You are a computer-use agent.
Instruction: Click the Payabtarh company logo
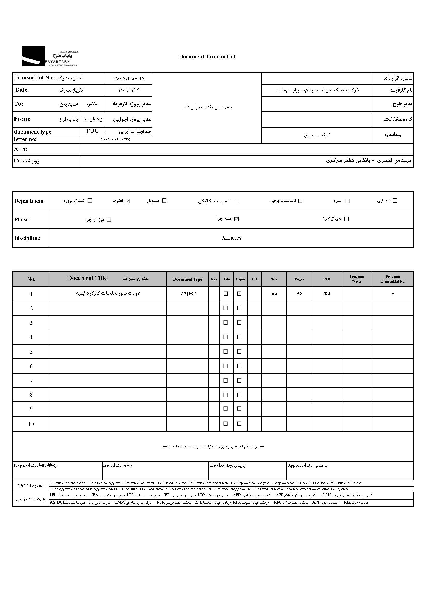pyautogui.click(x=49, y=56)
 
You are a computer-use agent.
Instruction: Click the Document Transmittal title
pyautogui.click(x=207, y=57)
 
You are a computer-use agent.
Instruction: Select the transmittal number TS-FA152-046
pyautogui.click(x=129, y=78)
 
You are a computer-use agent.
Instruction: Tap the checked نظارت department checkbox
pyautogui.click(x=128, y=201)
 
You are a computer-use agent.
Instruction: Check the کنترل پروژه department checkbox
pyautogui.click(x=90, y=200)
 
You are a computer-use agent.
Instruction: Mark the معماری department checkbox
pyautogui.click(x=395, y=200)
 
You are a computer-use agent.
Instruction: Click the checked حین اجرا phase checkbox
pyautogui.click(x=237, y=219)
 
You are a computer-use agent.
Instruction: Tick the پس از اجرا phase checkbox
pyautogui.click(x=346, y=219)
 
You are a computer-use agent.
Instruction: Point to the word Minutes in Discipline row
pyautogui.click(x=231, y=238)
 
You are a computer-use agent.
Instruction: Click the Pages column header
pyautogui.click(x=299, y=279)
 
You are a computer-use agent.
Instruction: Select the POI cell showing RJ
pyautogui.click(x=327, y=294)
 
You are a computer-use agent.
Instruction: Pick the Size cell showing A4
pyautogui.click(x=274, y=294)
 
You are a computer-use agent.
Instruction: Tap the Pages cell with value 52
pyautogui.click(x=299, y=294)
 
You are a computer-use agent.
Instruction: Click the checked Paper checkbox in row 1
pyautogui.click(x=239, y=294)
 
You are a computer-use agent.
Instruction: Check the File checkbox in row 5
pyautogui.click(x=226, y=351)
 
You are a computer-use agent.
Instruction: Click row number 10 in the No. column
pyautogui.click(x=31, y=424)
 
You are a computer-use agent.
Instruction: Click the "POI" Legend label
pyautogui.click(x=31, y=486)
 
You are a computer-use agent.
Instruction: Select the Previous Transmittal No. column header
pyautogui.click(x=393, y=279)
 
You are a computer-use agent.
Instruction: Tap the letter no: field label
pyautogui.click(x=25, y=139)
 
